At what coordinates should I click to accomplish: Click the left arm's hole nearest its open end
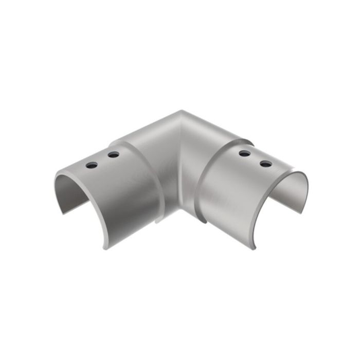point(92,165)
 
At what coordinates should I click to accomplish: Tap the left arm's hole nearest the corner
point(113,154)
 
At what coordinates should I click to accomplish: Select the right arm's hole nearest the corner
point(245,153)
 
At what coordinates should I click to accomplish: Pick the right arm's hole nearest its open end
point(265,164)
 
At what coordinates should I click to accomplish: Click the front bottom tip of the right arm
point(253,248)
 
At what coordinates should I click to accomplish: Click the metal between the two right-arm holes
point(255,158)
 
